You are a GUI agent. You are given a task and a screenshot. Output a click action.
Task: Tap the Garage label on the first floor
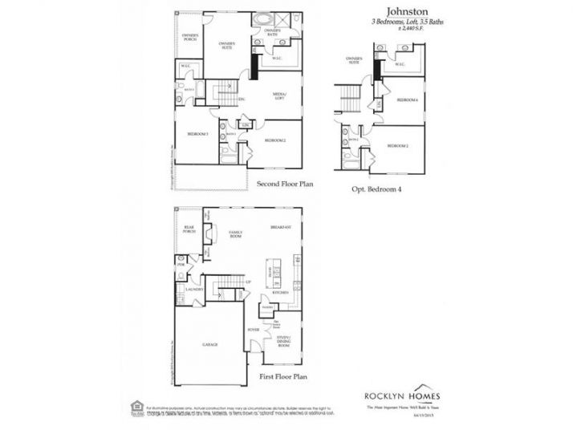point(209,345)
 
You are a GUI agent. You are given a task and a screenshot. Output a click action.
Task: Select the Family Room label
point(236,233)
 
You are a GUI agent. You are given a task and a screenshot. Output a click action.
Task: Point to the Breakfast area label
point(281,227)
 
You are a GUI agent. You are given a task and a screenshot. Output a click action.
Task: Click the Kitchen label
point(279,294)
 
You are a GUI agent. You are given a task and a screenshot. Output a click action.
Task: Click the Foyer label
point(254,328)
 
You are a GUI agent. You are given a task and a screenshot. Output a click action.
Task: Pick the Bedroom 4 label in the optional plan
point(407,99)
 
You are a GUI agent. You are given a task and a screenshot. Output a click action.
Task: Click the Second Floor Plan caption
point(284,185)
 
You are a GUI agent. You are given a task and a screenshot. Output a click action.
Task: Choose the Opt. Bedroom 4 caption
point(377,189)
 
